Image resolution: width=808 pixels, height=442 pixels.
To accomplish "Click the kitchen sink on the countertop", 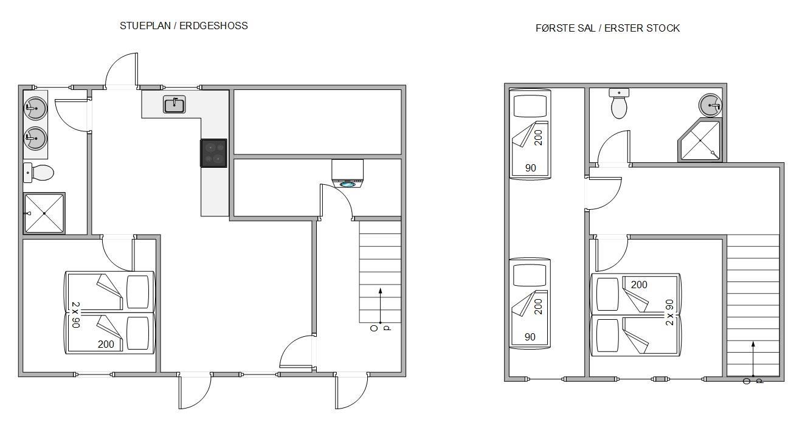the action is (174, 105).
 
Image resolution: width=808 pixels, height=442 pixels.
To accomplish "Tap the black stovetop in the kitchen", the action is (214, 153).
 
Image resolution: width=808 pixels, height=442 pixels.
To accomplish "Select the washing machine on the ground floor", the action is (347, 173).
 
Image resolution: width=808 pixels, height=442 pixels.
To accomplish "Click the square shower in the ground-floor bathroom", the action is (44, 213).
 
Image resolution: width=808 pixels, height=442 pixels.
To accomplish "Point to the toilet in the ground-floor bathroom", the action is (38, 173).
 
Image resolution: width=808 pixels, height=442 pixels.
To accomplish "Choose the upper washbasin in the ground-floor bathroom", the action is (35, 107).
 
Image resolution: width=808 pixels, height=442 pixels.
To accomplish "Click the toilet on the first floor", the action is (619, 103).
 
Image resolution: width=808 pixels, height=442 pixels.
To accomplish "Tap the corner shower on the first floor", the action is (700, 140).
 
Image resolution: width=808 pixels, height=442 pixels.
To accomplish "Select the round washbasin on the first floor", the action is (710, 105).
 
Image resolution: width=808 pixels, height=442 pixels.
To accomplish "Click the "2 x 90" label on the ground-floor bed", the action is (75, 315).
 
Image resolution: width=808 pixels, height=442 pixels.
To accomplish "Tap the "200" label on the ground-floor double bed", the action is (106, 344).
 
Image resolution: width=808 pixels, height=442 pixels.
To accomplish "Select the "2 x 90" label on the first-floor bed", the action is (669, 313).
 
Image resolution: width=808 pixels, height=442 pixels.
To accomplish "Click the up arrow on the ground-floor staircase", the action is (380, 305).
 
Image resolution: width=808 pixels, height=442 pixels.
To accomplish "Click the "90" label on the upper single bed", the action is (531, 168).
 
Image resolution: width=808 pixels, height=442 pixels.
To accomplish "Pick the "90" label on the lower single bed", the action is (530, 337).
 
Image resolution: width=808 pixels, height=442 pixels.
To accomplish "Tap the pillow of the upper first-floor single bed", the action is (530, 106).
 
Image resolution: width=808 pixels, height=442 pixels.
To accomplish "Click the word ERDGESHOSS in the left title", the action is (213, 26).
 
